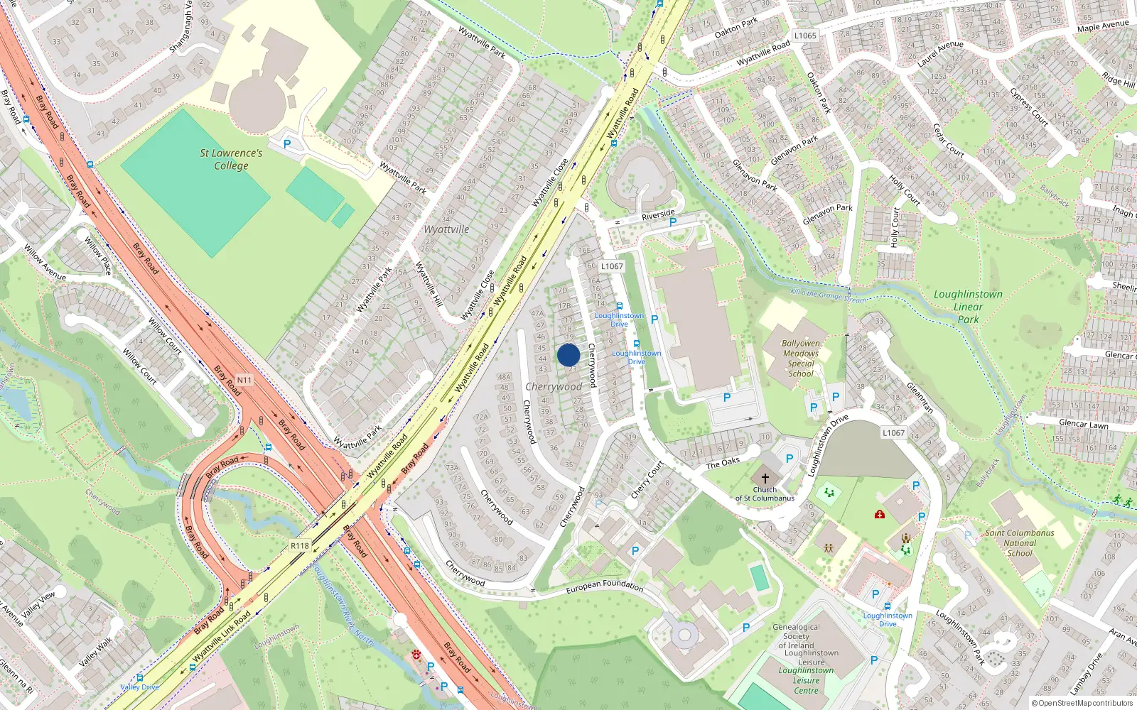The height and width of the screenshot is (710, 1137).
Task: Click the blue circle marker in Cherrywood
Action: click(568, 355)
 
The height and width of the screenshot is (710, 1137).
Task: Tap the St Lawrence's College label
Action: click(231, 159)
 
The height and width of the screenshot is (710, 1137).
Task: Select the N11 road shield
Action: click(244, 381)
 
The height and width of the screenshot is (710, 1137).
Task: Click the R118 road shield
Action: click(300, 546)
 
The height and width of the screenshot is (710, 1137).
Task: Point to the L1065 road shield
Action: click(805, 35)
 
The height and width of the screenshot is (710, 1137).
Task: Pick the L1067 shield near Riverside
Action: click(612, 266)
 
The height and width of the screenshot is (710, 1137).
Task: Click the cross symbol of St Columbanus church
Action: click(765, 479)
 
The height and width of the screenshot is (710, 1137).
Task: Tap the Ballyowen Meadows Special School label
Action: click(801, 359)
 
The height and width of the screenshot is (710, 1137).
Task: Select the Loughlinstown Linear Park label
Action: click(968, 307)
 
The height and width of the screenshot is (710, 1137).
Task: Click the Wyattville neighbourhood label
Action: click(446, 229)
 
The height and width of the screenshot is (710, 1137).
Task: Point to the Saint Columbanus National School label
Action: click(1020, 543)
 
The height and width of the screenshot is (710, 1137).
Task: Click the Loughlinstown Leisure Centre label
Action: click(806, 680)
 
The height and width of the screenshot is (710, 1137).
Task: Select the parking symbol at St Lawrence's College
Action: click(287, 143)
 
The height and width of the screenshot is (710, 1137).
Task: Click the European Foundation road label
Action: click(605, 586)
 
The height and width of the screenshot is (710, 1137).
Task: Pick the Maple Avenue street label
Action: click(1103, 26)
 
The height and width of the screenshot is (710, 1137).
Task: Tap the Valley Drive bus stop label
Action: click(139, 687)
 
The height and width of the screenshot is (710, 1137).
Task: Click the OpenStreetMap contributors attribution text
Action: click(1082, 704)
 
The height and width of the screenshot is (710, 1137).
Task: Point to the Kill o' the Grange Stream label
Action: click(828, 295)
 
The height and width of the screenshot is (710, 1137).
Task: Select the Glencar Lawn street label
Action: click(1084, 424)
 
